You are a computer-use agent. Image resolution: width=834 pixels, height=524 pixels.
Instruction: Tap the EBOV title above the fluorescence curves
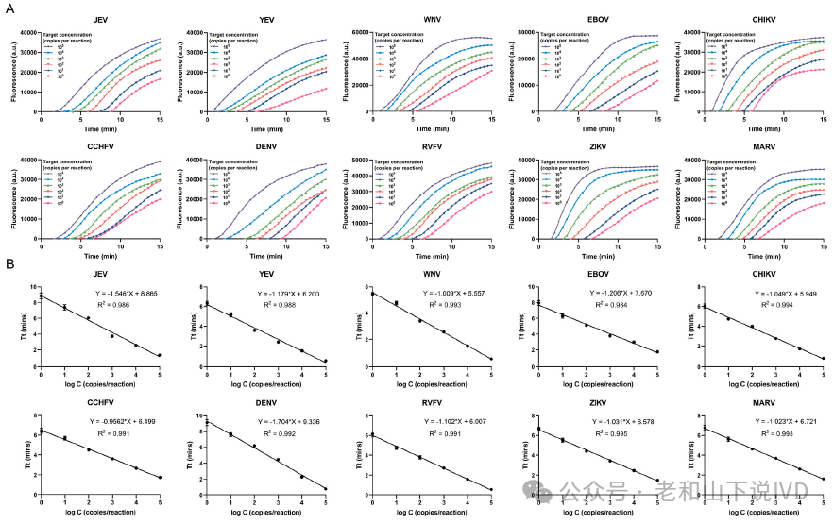coord(600,20)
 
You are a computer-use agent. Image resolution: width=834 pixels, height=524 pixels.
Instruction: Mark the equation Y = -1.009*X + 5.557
coord(451,294)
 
